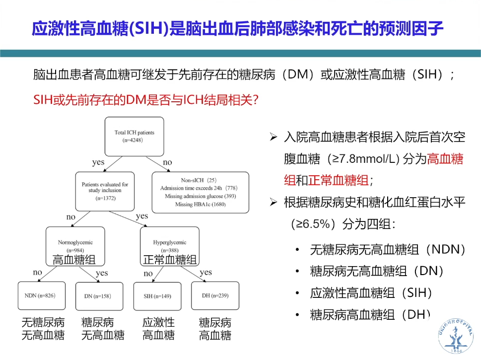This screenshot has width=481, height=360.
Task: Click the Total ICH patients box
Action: pyautogui.click(x=135, y=137)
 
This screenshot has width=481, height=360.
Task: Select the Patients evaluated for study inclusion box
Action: pyautogui.click(x=105, y=191)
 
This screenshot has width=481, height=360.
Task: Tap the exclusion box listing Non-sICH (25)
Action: pyautogui.click(x=200, y=193)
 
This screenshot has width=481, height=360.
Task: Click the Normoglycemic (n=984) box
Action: pyautogui.click(x=75, y=245)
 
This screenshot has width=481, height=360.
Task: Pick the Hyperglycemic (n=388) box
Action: pyautogui.click(x=170, y=245)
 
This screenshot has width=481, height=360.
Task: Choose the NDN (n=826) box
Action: pyautogui.click(x=39, y=296)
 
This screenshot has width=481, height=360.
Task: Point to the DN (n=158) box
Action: pyautogui.click(x=99, y=296)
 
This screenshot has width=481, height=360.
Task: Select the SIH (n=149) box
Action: pyautogui.click(x=158, y=296)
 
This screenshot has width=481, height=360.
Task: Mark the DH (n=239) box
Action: pyautogui.click(x=215, y=296)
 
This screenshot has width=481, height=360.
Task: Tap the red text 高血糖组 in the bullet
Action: pyautogui.click(x=445, y=159)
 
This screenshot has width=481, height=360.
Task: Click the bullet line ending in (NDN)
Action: pyautogui.click(x=387, y=250)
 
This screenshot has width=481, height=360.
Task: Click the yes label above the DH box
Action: pyautogui.click(x=206, y=273)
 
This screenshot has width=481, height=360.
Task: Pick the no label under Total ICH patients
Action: pyautogui.click(x=167, y=162)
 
